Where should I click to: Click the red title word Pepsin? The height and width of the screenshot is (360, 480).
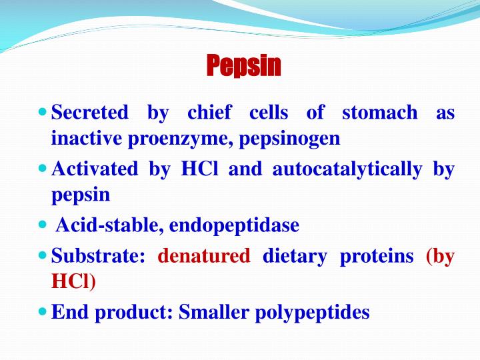[243, 66]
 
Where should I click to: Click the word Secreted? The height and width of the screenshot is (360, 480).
[90, 113]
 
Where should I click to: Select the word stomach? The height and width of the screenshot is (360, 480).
[380, 113]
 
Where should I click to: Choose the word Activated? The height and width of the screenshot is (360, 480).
[94, 169]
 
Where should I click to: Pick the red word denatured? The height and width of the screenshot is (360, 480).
[204, 256]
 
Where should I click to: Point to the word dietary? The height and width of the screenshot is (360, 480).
[295, 256]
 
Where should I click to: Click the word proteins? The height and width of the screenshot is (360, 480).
[377, 256]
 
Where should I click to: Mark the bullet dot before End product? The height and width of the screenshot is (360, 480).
[43, 311]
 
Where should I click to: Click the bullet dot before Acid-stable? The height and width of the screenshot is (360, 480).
[43, 225]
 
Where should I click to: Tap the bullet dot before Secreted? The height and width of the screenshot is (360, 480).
[43, 111]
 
